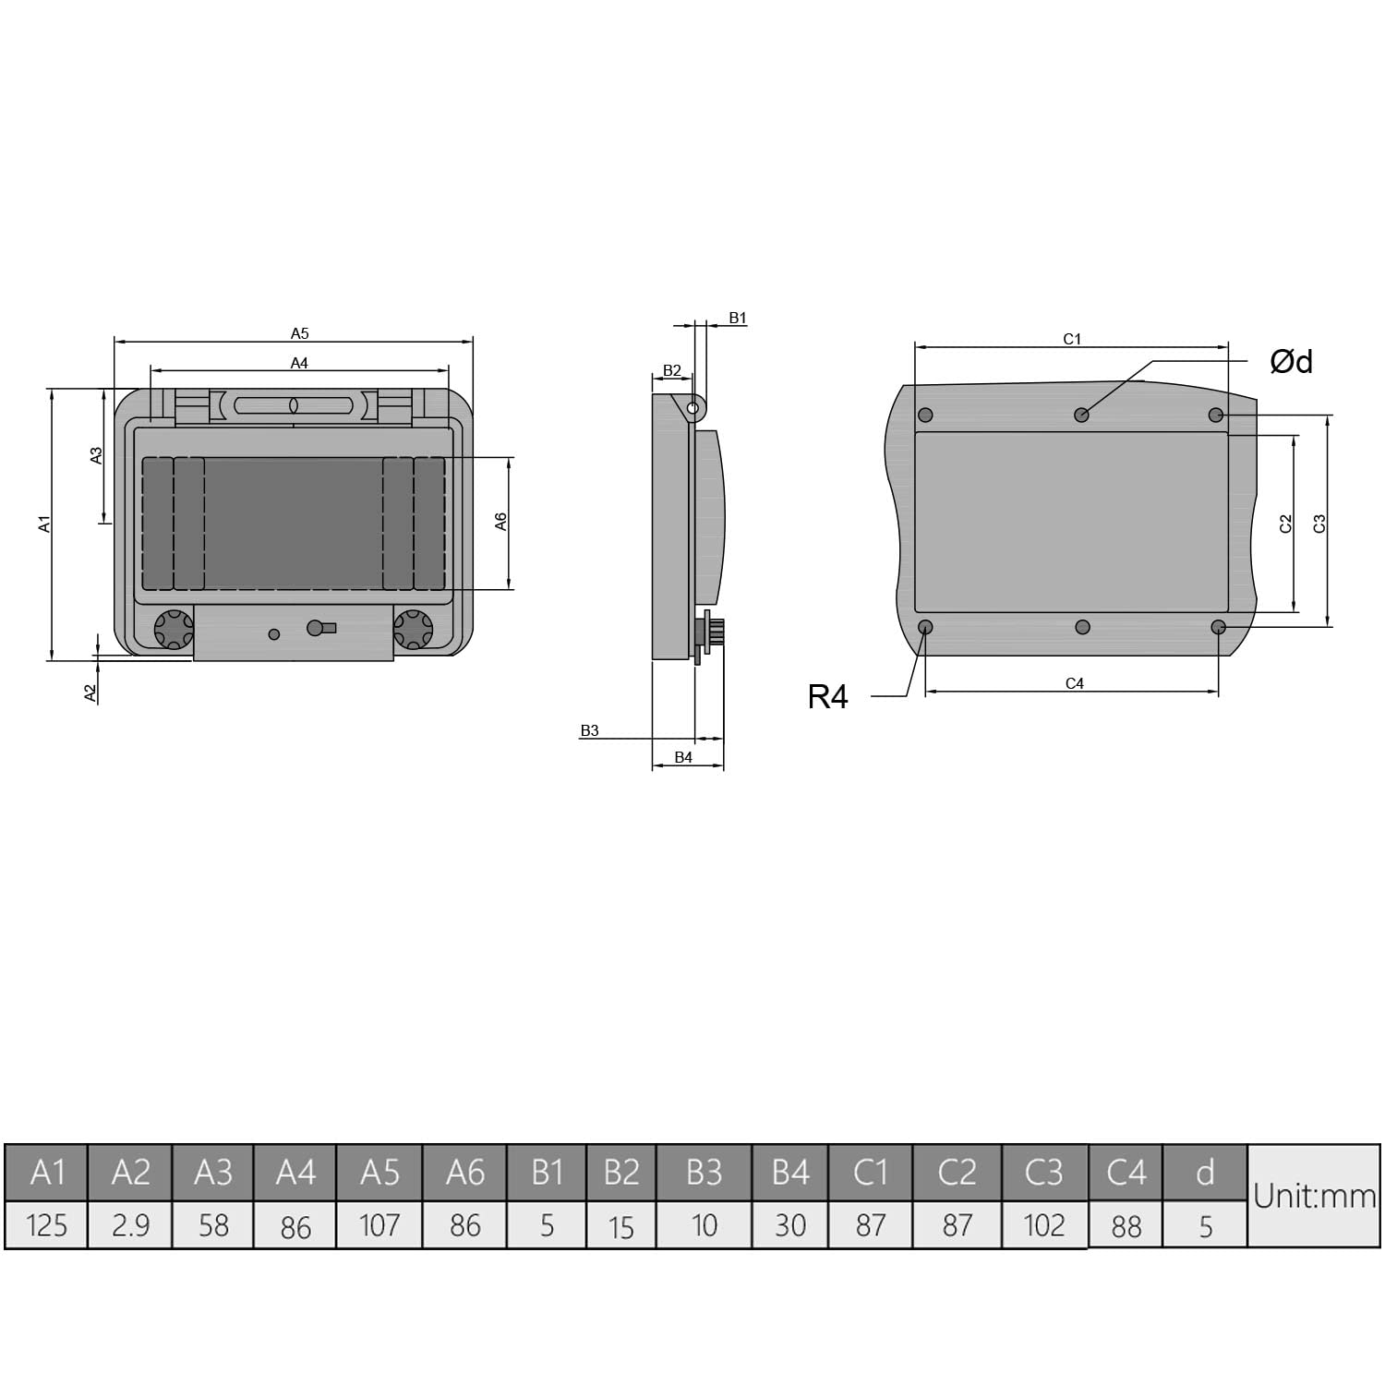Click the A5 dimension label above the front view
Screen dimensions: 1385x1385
299,333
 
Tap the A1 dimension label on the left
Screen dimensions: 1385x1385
43,524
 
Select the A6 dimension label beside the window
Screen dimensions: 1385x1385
501,522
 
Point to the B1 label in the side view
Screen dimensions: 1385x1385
737,318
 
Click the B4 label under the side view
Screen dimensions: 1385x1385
683,757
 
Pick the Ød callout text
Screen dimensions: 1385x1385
1291,361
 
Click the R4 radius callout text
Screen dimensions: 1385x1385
827,697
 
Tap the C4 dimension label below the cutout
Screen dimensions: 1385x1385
1074,683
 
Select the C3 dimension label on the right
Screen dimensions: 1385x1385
1319,523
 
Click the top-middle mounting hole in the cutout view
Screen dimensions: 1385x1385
1081,415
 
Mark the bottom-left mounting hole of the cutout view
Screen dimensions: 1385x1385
925,627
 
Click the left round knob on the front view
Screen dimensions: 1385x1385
173,630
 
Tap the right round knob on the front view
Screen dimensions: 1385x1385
413,630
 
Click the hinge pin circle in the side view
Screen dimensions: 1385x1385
692,406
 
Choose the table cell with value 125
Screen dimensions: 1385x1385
46,1225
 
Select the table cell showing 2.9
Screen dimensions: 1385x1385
130,1225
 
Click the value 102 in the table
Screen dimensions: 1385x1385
1044,1225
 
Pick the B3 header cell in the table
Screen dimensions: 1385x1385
704,1172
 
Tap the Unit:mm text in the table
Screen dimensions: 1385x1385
1314,1197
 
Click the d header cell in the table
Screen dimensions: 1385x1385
1204,1172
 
